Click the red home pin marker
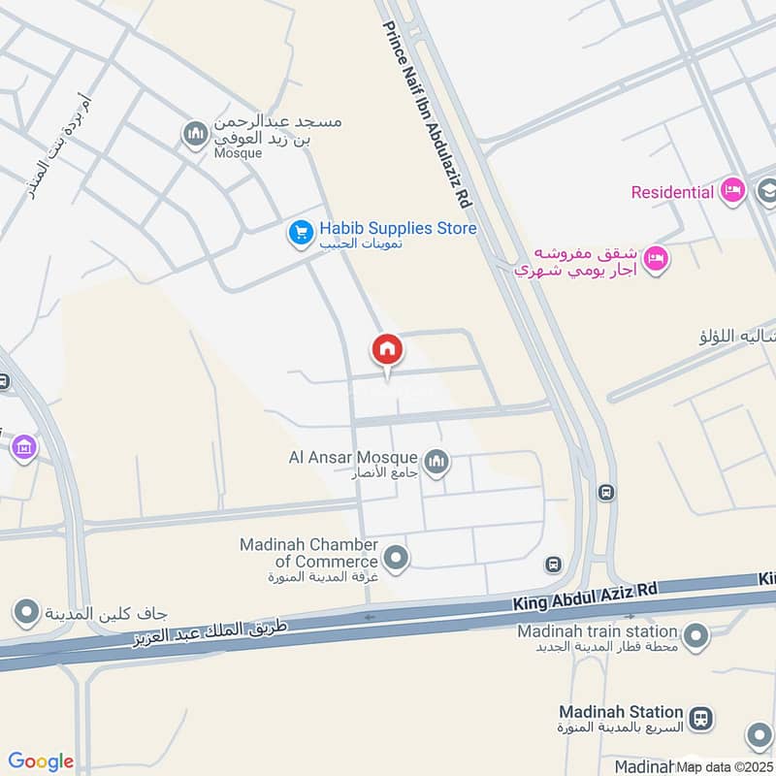coord(387,350)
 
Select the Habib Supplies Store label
coord(398,229)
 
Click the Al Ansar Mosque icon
coord(436,461)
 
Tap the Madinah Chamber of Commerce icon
coord(396,558)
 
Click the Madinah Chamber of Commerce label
coord(309,552)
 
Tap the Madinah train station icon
coord(695,636)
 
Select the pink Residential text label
coord(672,192)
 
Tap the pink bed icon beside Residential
coord(732,191)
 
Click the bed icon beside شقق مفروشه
coord(658,259)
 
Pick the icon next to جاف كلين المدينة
coord(25,612)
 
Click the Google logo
coord(41,761)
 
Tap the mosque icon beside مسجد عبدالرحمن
coord(195,132)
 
